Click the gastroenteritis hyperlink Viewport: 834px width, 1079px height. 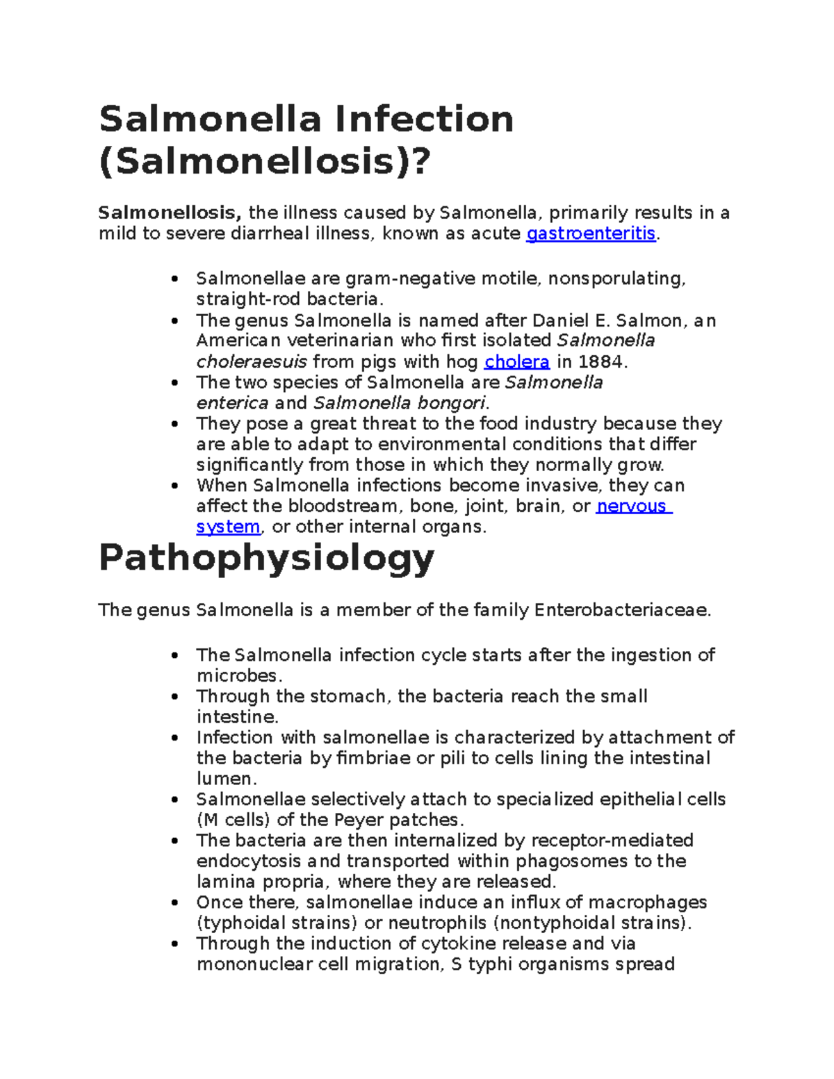(x=591, y=233)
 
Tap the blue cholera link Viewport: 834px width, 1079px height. (x=517, y=362)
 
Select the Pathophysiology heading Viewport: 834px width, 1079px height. (x=266, y=559)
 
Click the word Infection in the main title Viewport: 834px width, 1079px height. (x=425, y=120)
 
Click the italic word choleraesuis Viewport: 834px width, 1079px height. (x=252, y=362)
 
